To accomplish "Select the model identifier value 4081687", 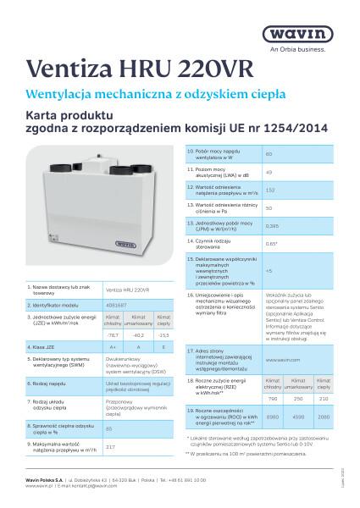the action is [x=117, y=302].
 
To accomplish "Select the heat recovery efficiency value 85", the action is [x=109, y=406].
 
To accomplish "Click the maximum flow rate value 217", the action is [x=110, y=422].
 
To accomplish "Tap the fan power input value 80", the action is [x=269, y=154].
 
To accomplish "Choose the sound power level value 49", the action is [x=269, y=172].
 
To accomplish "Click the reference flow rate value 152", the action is [x=270, y=190].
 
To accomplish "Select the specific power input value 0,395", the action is [x=272, y=226].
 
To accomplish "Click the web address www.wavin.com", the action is [x=280, y=360].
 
